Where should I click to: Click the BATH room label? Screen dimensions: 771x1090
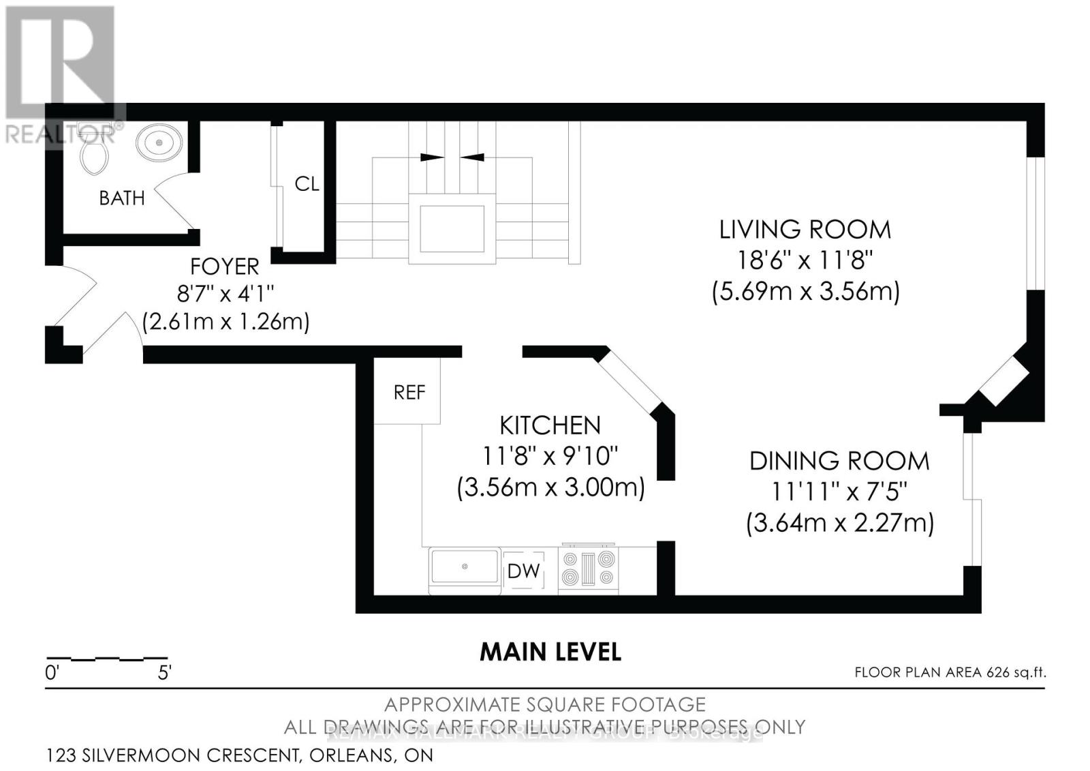[122, 198]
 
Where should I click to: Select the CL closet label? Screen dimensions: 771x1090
[307, 184]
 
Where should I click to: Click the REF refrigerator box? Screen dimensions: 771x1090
[409, 392]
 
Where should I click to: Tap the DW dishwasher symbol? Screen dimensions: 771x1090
[523, 571]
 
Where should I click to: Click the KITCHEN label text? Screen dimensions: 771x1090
[550, 425]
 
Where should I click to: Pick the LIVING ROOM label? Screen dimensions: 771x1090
[805, 230]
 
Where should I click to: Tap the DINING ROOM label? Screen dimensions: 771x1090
[839, 462]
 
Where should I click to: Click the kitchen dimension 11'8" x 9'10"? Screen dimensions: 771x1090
[550, 455]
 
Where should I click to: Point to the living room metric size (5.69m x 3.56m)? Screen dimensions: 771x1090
[805, 292]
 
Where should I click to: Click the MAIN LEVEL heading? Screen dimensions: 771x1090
[550, 652]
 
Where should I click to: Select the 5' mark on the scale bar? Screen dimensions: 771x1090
[163, 674]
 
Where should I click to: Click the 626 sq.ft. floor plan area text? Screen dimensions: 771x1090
[950, 672]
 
